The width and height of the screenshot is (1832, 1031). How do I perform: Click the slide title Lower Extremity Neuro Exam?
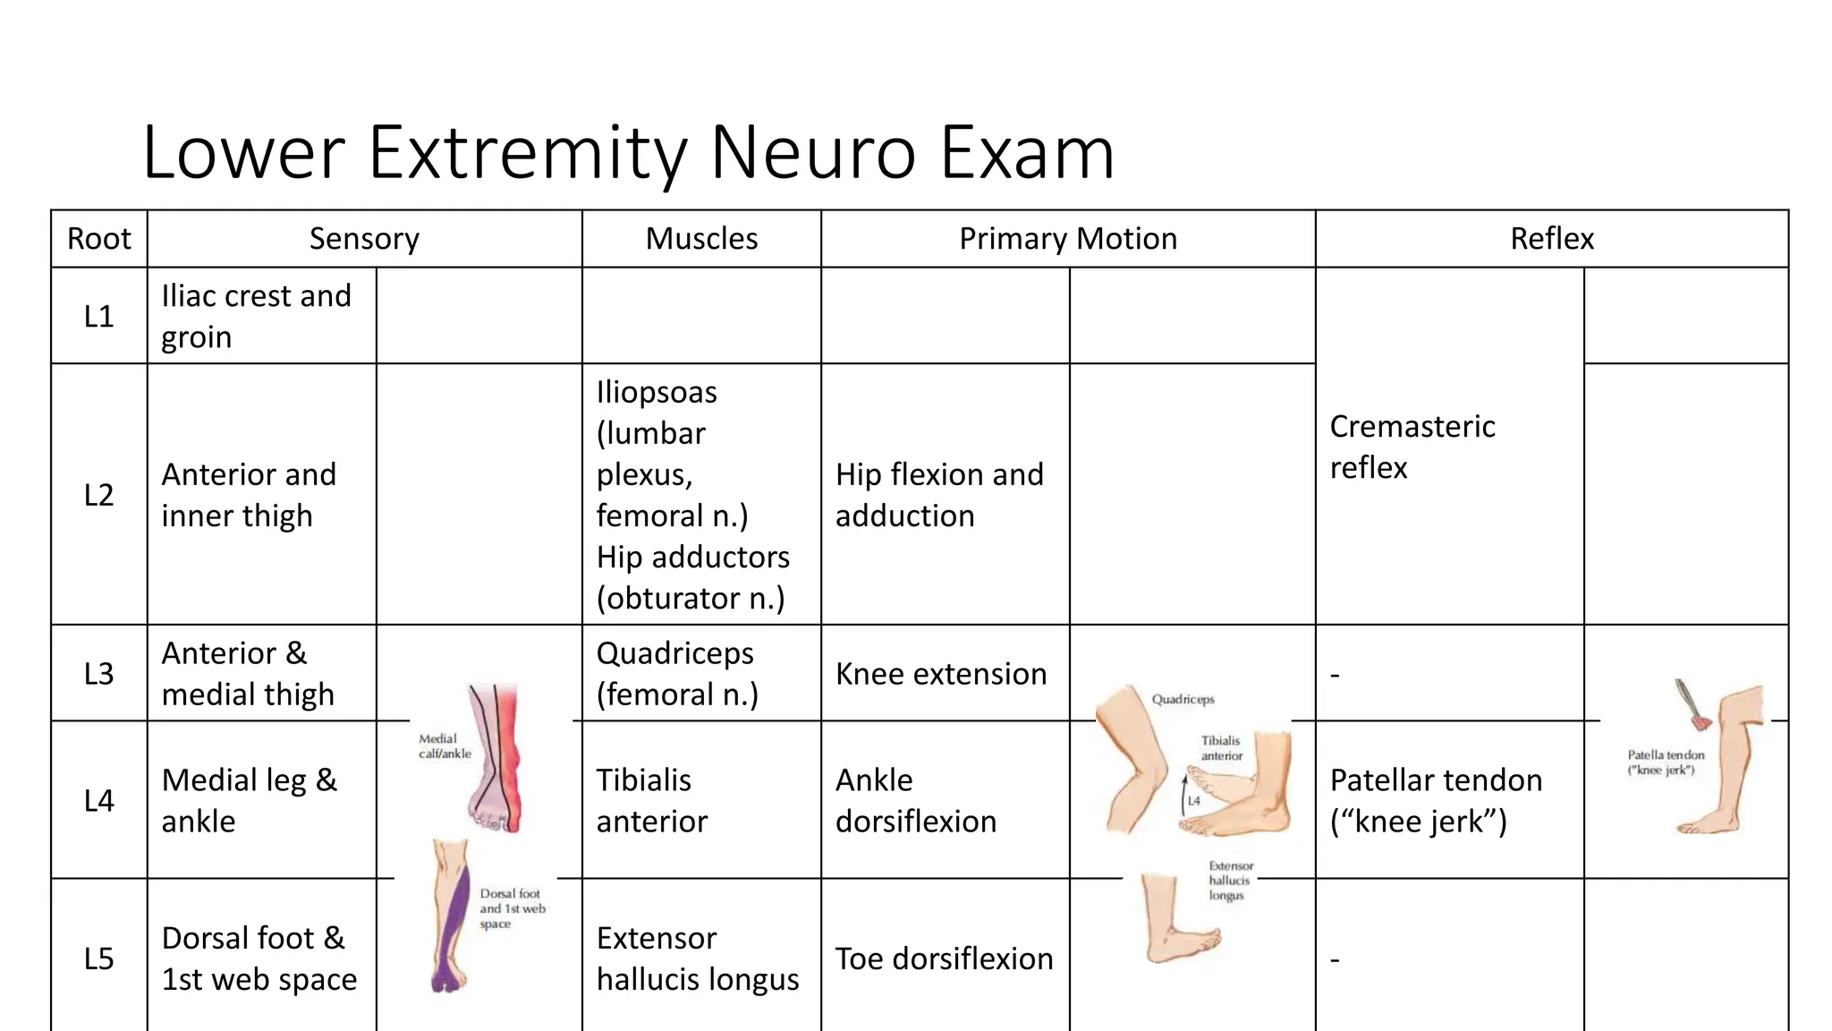(628, 152)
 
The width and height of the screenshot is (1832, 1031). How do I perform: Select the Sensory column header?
(364, 239)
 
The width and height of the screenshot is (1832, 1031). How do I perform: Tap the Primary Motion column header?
(1067, 239)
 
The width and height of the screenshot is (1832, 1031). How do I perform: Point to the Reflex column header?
(1551, 239)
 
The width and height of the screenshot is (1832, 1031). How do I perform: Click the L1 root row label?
(98, 316)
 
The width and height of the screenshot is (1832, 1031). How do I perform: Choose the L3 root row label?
(98, 673)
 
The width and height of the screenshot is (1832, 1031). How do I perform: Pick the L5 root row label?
(98, 959)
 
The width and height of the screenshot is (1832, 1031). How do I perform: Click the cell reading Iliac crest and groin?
(256, 316)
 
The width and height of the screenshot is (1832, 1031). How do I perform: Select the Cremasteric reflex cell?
(1412, 447)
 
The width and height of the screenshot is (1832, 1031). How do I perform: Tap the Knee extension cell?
(940, 674)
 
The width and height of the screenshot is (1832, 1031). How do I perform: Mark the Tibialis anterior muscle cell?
(651, 800)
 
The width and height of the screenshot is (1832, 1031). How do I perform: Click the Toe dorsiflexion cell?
(944, 959)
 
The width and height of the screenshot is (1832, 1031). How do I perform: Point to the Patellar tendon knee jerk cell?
(1435, 800)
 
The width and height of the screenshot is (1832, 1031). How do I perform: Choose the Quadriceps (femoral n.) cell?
(676, 674)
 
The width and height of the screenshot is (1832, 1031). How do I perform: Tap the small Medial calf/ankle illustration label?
(444, 746)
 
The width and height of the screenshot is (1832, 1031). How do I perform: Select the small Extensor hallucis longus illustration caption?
(1230, 881)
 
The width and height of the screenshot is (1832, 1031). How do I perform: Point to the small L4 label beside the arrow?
(1194, 801)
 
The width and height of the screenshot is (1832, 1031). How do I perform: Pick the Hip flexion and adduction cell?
(938, 495)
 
